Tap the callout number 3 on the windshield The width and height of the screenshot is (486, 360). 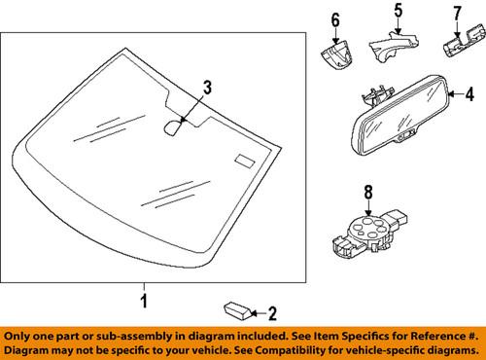[205, 90]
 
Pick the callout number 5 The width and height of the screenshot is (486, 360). [397, 12]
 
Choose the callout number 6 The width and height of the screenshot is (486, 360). [335, 19]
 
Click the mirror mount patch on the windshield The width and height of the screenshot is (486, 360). [176, 125]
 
